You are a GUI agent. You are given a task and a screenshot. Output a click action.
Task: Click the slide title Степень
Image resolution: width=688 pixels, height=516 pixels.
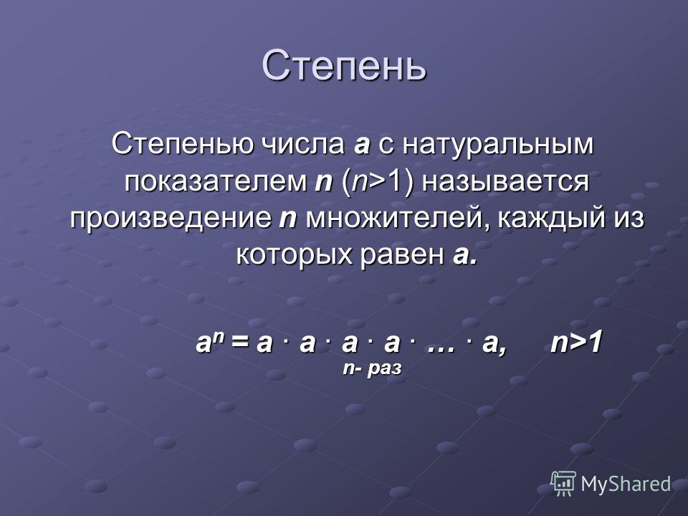(344, 66)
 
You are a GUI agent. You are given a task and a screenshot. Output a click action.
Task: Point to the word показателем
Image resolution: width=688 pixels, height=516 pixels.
(216, 181)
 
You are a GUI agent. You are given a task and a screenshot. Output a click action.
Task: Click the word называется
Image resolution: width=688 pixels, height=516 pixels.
(505, 181)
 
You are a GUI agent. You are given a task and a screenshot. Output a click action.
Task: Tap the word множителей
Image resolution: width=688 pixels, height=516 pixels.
(398, 219)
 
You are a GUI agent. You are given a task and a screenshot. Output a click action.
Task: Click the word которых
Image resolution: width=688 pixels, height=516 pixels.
(295, 255)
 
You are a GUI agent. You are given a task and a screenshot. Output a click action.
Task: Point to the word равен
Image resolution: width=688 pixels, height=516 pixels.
(402, 255)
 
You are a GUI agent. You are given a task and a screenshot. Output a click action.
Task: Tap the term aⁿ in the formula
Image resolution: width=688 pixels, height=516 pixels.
(209, 341)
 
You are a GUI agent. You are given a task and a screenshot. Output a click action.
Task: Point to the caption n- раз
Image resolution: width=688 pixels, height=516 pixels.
(372, 368)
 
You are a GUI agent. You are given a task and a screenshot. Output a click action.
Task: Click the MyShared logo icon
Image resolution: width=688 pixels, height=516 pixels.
(563, 484)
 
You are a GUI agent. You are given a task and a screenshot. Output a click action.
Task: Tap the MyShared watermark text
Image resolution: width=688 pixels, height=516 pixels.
(626, 484)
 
